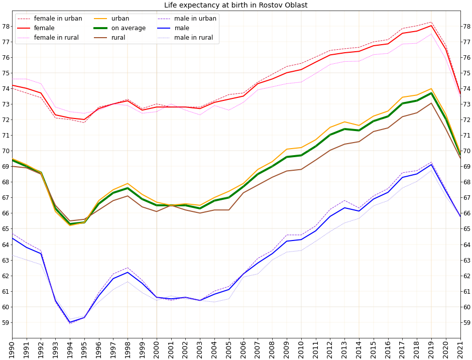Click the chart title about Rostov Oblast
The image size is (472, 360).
(235, 6)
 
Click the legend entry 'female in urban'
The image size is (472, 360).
(58, 19)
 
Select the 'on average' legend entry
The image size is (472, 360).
(128, 28)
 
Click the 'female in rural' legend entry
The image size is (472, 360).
(56, 38)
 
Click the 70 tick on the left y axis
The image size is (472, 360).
(6, 151)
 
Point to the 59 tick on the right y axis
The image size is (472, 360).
(466, 322)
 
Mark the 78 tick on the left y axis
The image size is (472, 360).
(6, 26)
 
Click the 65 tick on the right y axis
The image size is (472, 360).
(466, 229)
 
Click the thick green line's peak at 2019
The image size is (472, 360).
(431, 93)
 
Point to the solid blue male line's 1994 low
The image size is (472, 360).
(70, 322)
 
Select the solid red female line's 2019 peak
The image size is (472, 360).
(431, 26)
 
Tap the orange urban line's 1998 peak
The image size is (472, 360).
(128, 184)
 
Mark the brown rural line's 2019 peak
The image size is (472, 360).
(431, 103)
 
